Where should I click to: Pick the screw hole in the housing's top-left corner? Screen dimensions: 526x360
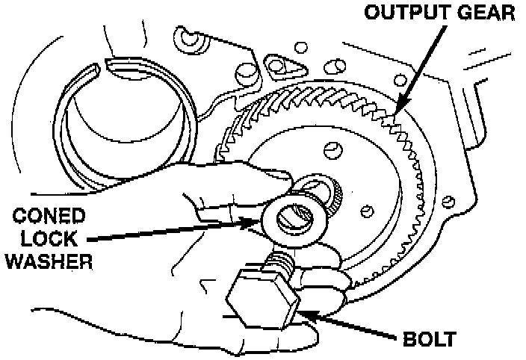(185, 37)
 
